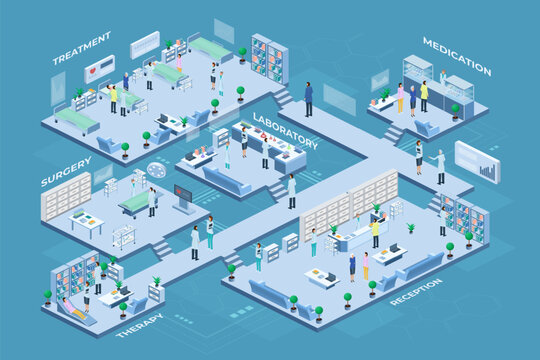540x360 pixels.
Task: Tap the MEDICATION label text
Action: click(456, 56)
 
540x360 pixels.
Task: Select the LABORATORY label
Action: click(285, 131)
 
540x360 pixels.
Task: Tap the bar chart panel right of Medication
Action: click(477, 161)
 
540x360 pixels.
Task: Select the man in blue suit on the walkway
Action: click(308, 98)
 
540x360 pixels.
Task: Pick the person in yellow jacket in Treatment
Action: click(114, 97)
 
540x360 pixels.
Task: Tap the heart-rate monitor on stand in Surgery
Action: click(183, 196)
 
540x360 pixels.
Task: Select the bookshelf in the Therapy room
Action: click(76, 274)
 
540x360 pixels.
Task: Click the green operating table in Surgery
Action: click(135, 204)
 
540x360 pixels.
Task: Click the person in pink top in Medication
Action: click(400, 96)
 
